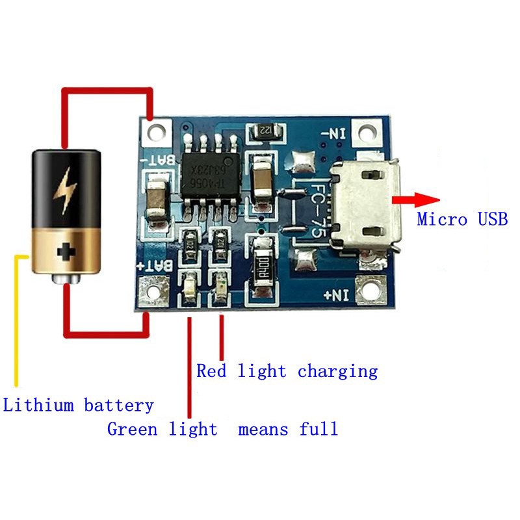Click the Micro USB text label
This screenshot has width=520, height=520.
462,219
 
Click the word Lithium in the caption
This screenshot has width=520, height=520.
38,406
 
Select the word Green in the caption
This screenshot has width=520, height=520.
134,429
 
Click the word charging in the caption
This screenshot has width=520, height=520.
337,372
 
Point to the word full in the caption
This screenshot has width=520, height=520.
318,429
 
